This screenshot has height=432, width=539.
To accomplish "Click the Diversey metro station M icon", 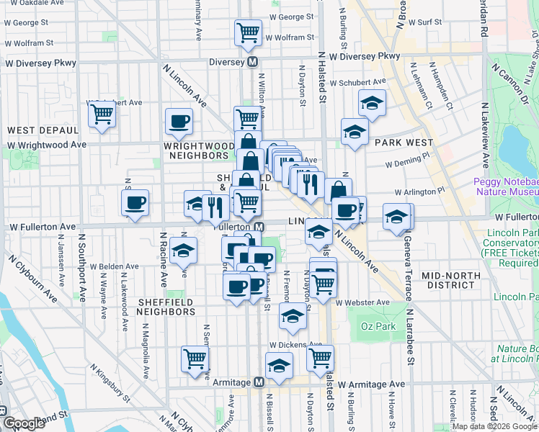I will click(x=253, y=62).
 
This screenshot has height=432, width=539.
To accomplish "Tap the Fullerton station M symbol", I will click(x=259, y=226).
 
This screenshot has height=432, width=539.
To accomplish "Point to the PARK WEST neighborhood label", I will click(x=404, y=143).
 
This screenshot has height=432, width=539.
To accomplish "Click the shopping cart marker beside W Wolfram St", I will click(x=247, y=32).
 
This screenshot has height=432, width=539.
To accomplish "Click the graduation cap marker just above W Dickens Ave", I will click(x=292, y=315).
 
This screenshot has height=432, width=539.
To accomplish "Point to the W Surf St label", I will click(x=424, y=22).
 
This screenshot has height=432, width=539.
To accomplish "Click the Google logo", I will click(x=24, y=423).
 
